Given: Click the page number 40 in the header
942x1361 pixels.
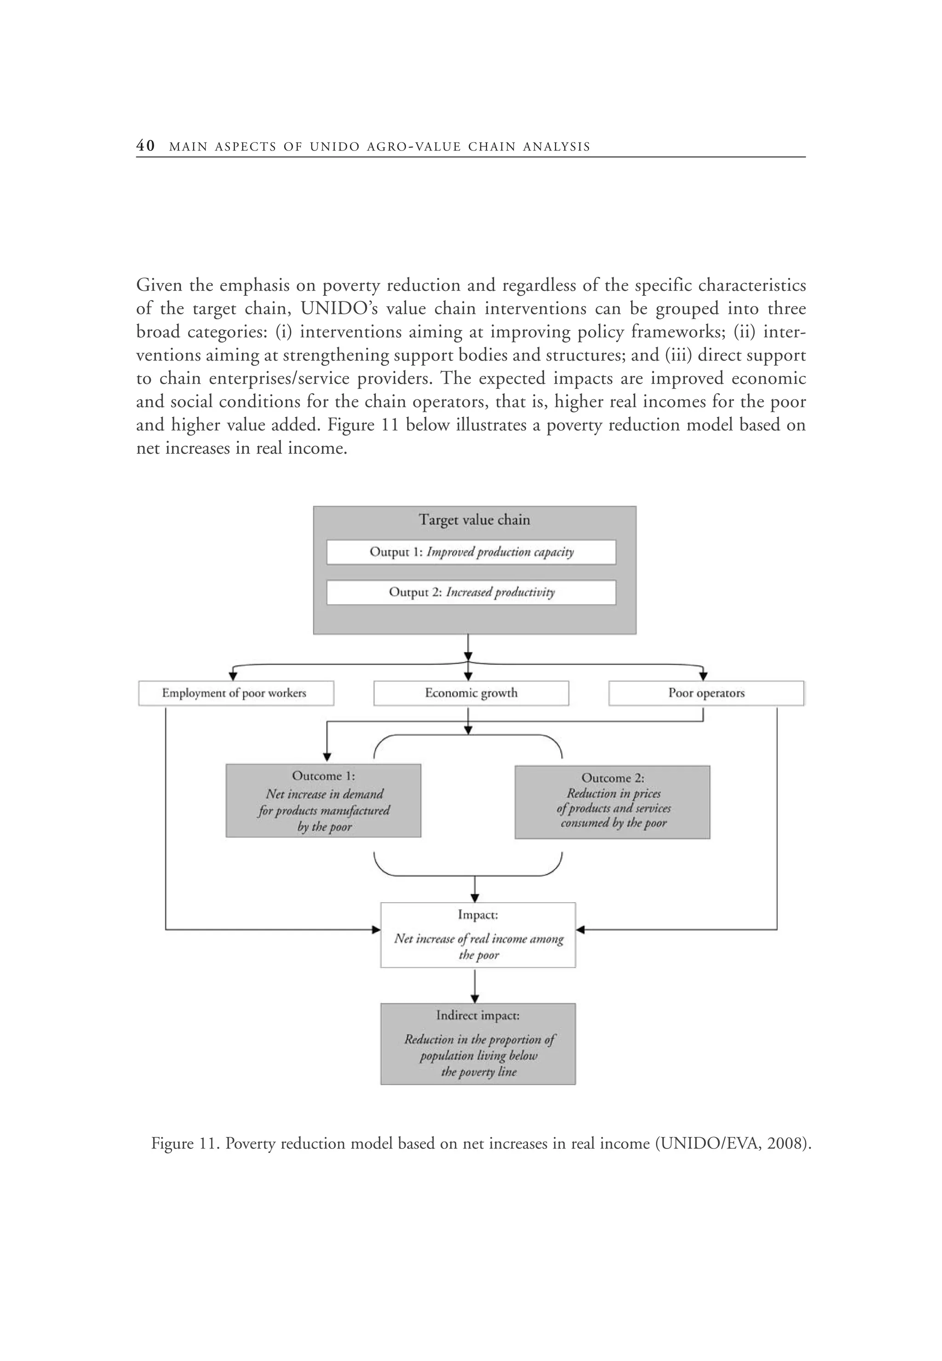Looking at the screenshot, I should coord(145,146).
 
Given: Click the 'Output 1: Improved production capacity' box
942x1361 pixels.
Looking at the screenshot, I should coord(471,552).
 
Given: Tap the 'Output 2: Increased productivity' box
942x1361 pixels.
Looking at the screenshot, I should coord(471,592).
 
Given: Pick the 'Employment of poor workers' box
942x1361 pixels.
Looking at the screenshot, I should coord(235,693).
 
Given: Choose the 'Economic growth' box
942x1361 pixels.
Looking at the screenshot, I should coord(471,693).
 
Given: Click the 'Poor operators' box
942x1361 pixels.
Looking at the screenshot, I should coord(706,693).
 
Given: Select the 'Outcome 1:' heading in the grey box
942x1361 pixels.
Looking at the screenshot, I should coord(323,776).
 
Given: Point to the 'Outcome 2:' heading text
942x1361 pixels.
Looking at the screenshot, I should coord(613,778).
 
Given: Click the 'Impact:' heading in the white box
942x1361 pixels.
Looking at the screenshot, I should coord(477,915).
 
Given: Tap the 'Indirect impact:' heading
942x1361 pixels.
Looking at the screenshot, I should coord(477,1015).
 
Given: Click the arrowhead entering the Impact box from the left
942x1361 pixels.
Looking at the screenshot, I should coord(376,930).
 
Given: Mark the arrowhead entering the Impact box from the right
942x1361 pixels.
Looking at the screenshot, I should coord(580,930).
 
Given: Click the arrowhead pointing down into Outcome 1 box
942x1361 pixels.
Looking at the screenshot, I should coord(327,757).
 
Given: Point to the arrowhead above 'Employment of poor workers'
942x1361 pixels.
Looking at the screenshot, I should coord(233,676).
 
